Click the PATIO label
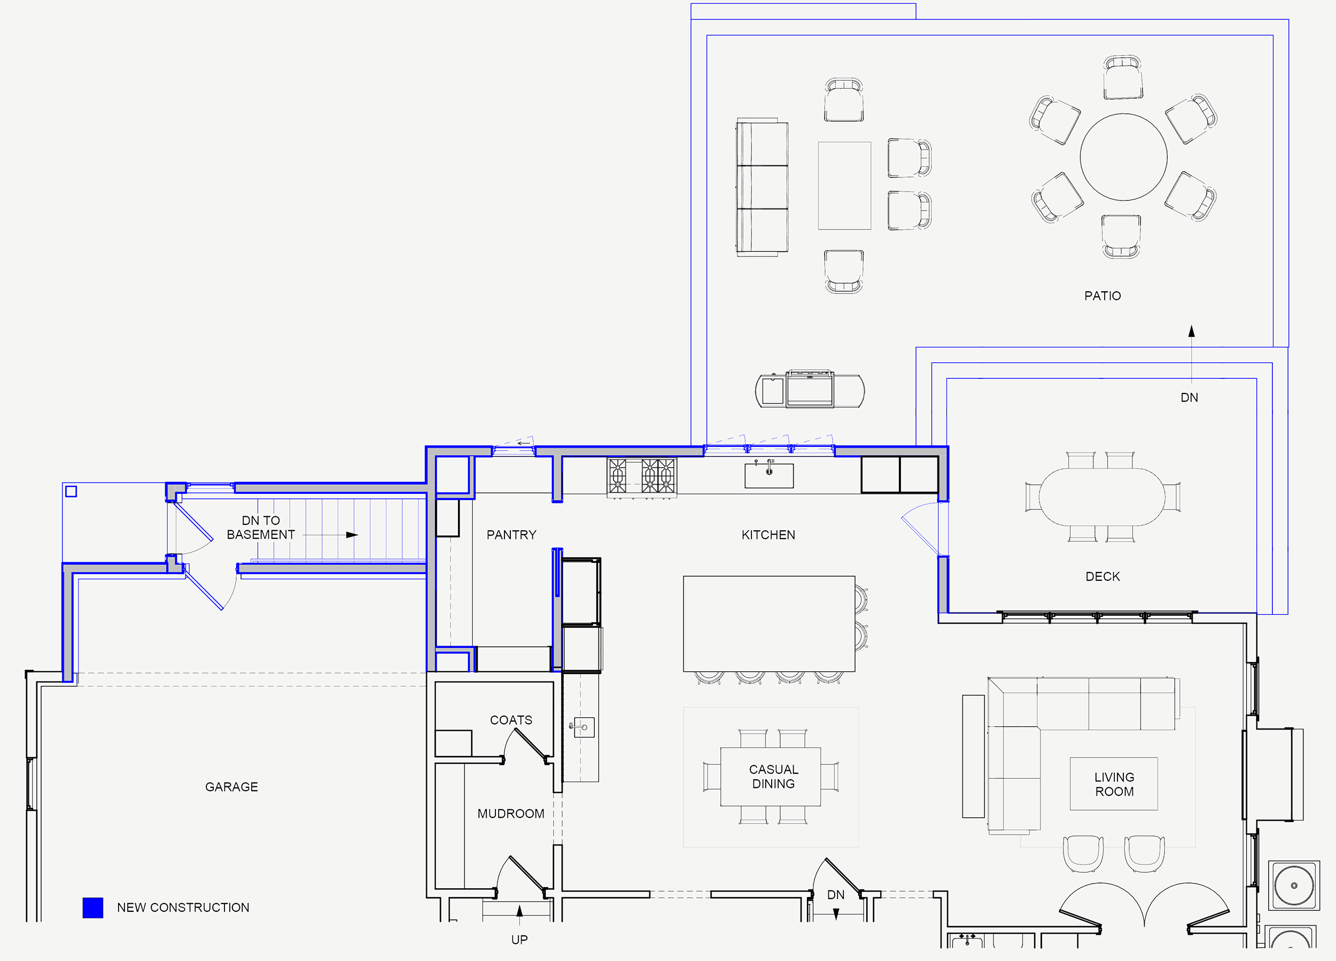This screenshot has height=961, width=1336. pos(1102,296)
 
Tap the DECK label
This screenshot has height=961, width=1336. pos(1102,576)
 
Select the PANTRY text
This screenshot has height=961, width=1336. pos(511,535)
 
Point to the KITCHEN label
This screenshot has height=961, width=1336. pos(768,535)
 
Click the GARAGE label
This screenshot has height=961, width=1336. pos(231,787)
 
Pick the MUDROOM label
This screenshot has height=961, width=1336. pos(511,813)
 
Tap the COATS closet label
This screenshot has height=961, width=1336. pos(511,720)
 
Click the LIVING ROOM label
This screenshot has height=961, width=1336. pos(1114,784)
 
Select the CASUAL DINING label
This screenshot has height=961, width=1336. pos(773,777)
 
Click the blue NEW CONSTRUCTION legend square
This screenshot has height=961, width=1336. pos(92,908)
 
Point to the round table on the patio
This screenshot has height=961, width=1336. pos(1123,157)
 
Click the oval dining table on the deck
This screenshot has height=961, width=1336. pos(1101,496)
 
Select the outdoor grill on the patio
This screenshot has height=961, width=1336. pos(810,390)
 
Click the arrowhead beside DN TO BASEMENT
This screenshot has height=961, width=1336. pos(352,535)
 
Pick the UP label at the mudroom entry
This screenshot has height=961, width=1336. pos(519,940)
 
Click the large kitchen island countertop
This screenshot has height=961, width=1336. pos(768,623)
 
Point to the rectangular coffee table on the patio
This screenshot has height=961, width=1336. pos(844,185)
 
